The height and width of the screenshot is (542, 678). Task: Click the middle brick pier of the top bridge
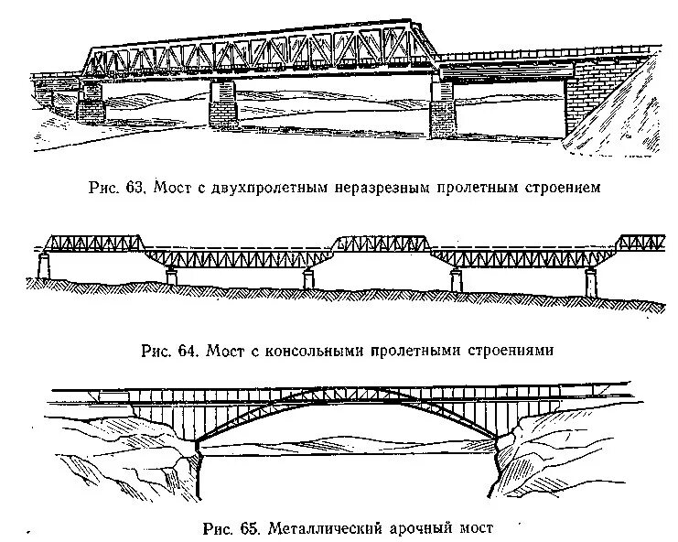pyautogui.click(x=224, y=103)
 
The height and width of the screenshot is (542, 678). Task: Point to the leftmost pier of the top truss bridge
pyautogui.click(x=91, y=103)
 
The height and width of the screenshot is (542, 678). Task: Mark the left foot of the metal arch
pyautogui.click(x=199, y=444)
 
